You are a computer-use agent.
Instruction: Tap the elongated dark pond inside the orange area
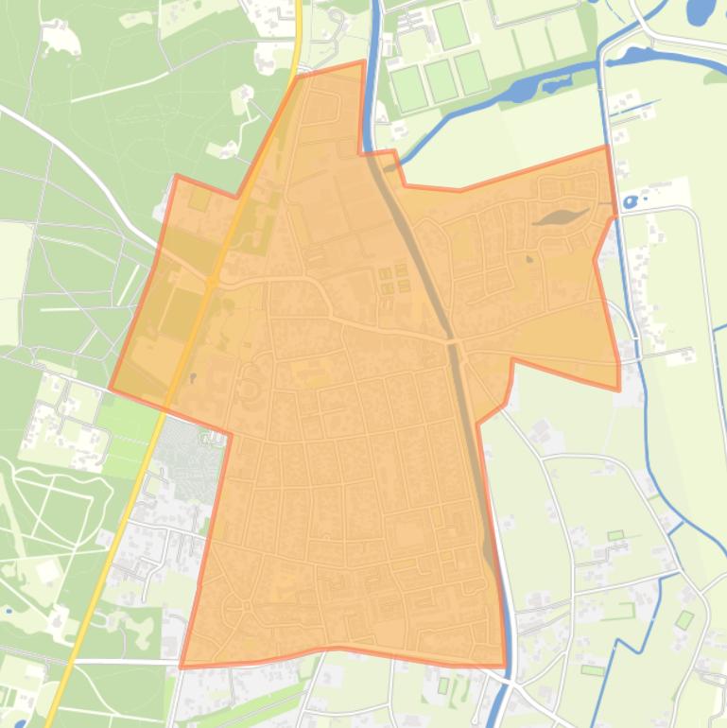click(562, 217)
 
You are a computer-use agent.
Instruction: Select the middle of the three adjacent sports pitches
click(440, 80)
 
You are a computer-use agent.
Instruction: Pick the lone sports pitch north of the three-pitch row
click(451, 26)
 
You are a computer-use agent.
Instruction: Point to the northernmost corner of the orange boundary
click(363, 62)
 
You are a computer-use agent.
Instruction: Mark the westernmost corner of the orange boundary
click(111, 388)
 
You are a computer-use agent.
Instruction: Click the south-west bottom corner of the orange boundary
click(181, 667)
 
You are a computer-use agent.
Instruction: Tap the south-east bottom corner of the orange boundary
click(506, 666)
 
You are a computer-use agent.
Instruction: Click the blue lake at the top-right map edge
click(701, 11)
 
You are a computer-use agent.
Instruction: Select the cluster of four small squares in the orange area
click(394, 279)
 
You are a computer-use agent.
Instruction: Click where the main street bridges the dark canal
click(452, 339)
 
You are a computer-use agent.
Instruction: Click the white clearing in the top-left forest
click(59, 38)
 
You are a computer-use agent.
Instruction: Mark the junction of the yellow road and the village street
click(212, 281)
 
